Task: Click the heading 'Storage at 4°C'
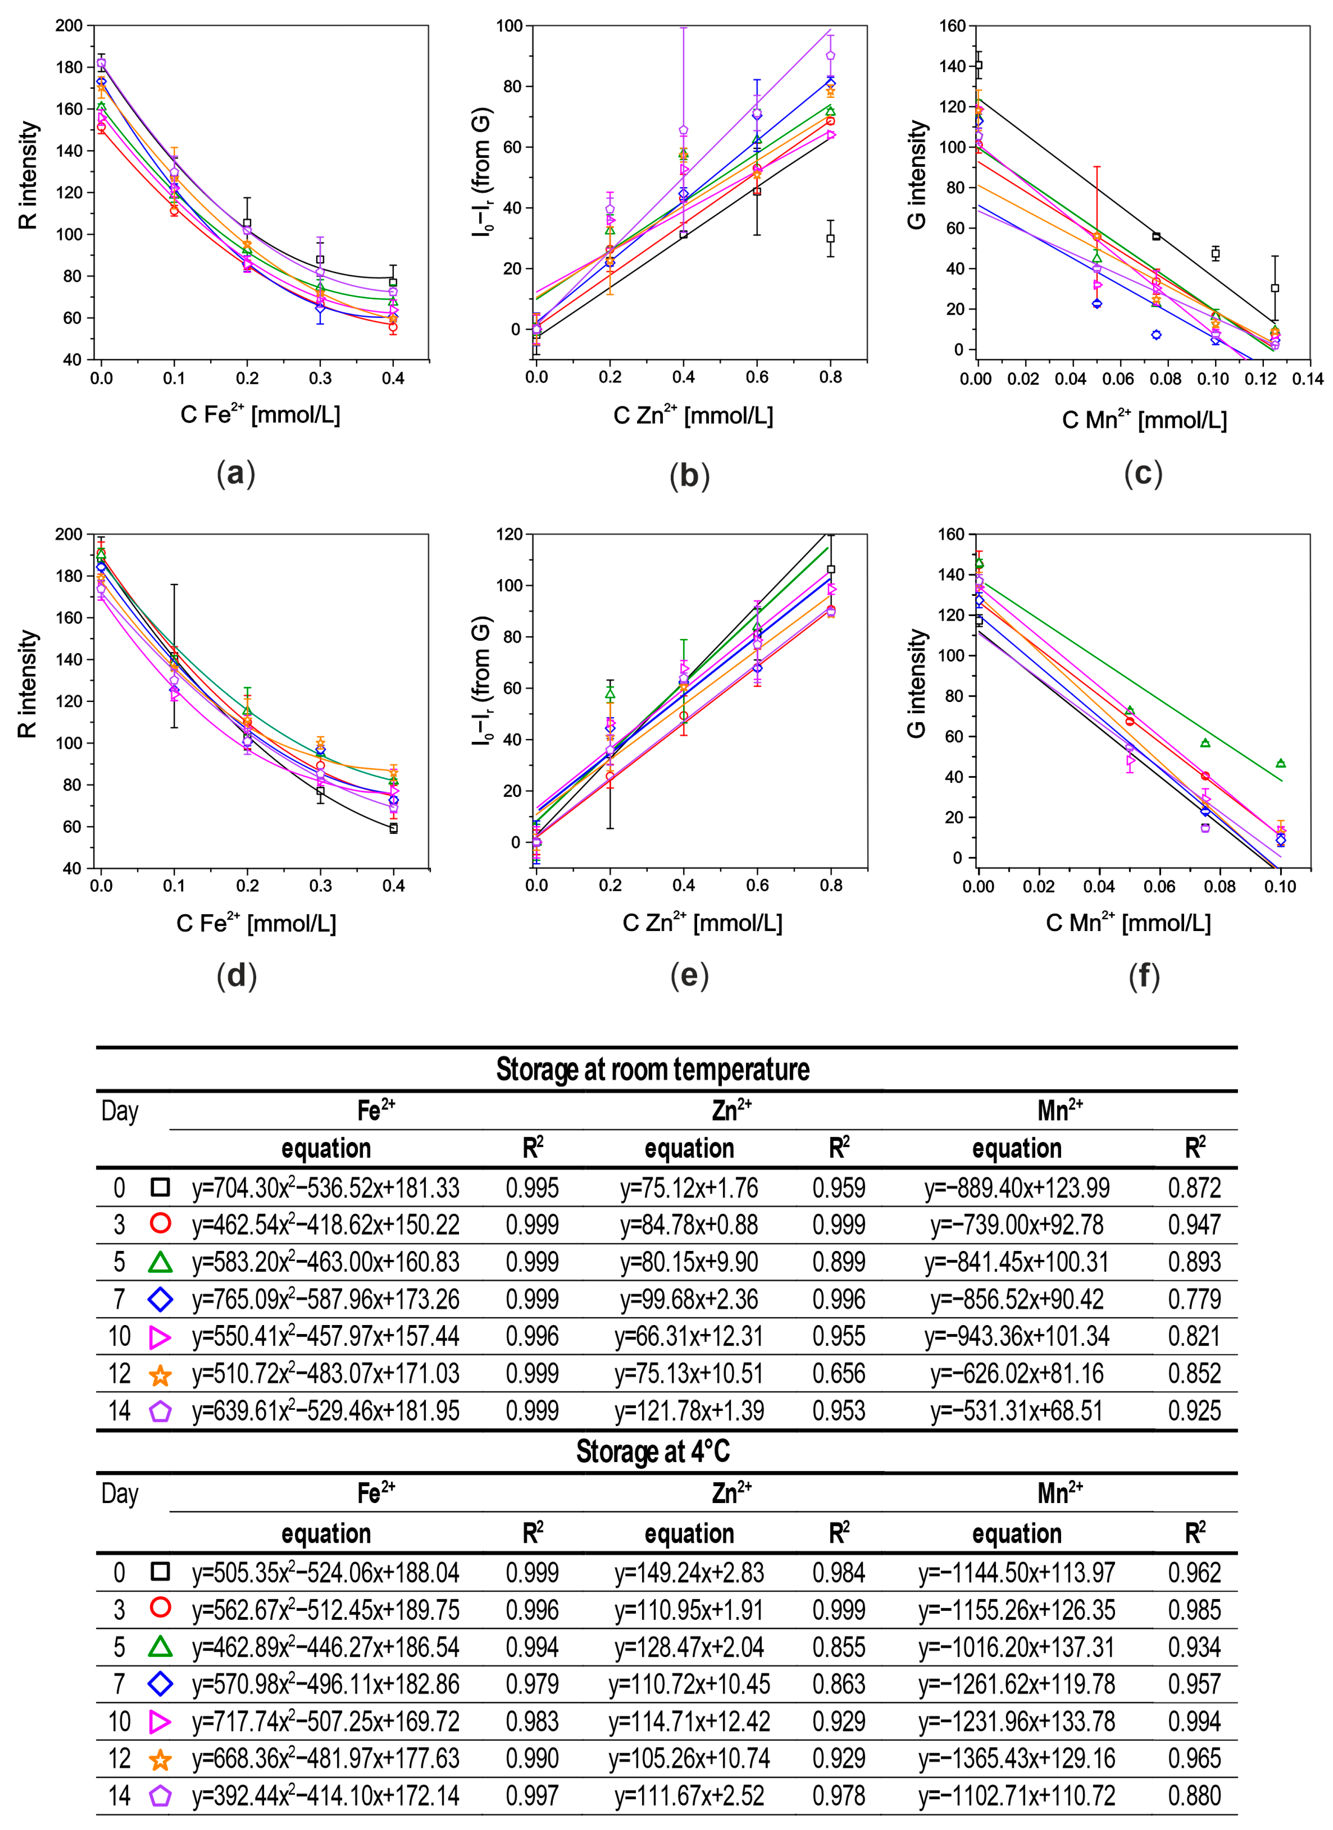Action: click(x=653, y=1452)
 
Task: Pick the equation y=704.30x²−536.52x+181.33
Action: click(x=326, y=1188)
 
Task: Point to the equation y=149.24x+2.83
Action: click(x=689, y=1573)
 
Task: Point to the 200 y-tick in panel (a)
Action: click(x=70, y=26)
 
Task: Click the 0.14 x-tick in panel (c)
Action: click(x=1307, y=378)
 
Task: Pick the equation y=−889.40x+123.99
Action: click(x=1017, y=1188)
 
